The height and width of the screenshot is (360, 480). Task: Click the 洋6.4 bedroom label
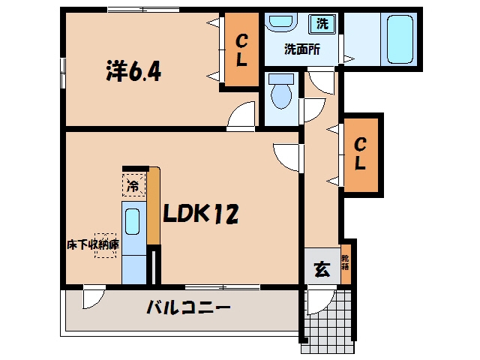133,71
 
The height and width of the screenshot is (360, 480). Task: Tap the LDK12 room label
200,214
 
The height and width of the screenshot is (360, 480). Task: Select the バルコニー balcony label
188,307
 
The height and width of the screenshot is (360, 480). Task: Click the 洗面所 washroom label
302,49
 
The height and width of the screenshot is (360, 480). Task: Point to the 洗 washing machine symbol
322,23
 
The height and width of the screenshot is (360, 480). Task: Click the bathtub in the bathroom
400,39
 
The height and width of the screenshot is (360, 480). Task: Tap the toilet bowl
281,91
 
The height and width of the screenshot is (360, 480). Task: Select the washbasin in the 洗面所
281,22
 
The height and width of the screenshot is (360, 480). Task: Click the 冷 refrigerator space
133,185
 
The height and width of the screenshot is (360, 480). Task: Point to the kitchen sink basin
133,222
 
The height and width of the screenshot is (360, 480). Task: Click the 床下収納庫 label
93,245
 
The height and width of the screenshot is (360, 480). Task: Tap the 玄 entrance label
322,270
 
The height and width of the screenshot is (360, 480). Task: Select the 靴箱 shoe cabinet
346,264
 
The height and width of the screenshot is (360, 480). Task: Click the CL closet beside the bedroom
241,49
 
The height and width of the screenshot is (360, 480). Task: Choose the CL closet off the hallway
360,155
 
